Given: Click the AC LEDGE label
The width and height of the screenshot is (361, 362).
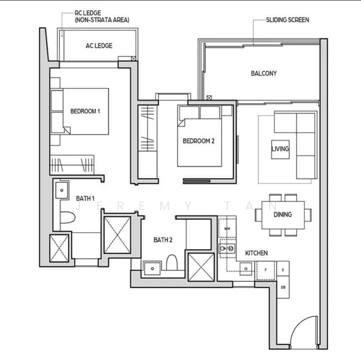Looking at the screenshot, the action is click(99, 46).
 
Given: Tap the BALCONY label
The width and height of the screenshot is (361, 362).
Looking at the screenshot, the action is click(263, 74).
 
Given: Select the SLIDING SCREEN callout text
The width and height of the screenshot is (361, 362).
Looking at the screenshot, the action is click(287, 20).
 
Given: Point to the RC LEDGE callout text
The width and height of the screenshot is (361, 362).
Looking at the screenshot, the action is click(88, 13).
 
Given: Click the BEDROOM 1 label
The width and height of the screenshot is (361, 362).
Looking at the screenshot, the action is click(85, 111).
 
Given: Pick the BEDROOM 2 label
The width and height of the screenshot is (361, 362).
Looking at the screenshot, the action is click(199, 141).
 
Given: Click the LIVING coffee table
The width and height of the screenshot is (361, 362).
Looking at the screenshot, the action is click(280, 150).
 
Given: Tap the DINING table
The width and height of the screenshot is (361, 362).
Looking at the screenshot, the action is click(283, 215).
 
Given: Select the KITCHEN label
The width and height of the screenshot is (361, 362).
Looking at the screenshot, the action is click(256, 253).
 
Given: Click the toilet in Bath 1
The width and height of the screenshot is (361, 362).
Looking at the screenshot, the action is click(67, 217).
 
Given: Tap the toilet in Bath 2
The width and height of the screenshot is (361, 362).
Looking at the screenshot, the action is click(172, 262).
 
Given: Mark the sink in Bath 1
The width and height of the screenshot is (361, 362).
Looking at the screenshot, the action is click(62, 190).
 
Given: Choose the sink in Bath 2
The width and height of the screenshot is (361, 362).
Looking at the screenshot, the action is click(152, 268).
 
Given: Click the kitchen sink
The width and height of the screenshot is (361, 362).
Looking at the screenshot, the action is click(246, 268).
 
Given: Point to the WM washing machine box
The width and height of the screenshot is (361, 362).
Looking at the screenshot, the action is click(227, 229).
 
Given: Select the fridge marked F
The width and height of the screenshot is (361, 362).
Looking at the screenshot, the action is click(266, 270).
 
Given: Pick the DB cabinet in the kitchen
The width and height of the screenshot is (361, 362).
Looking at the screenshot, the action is click(283, 287).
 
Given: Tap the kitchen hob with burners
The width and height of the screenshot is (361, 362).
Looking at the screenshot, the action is click(227, 249).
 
